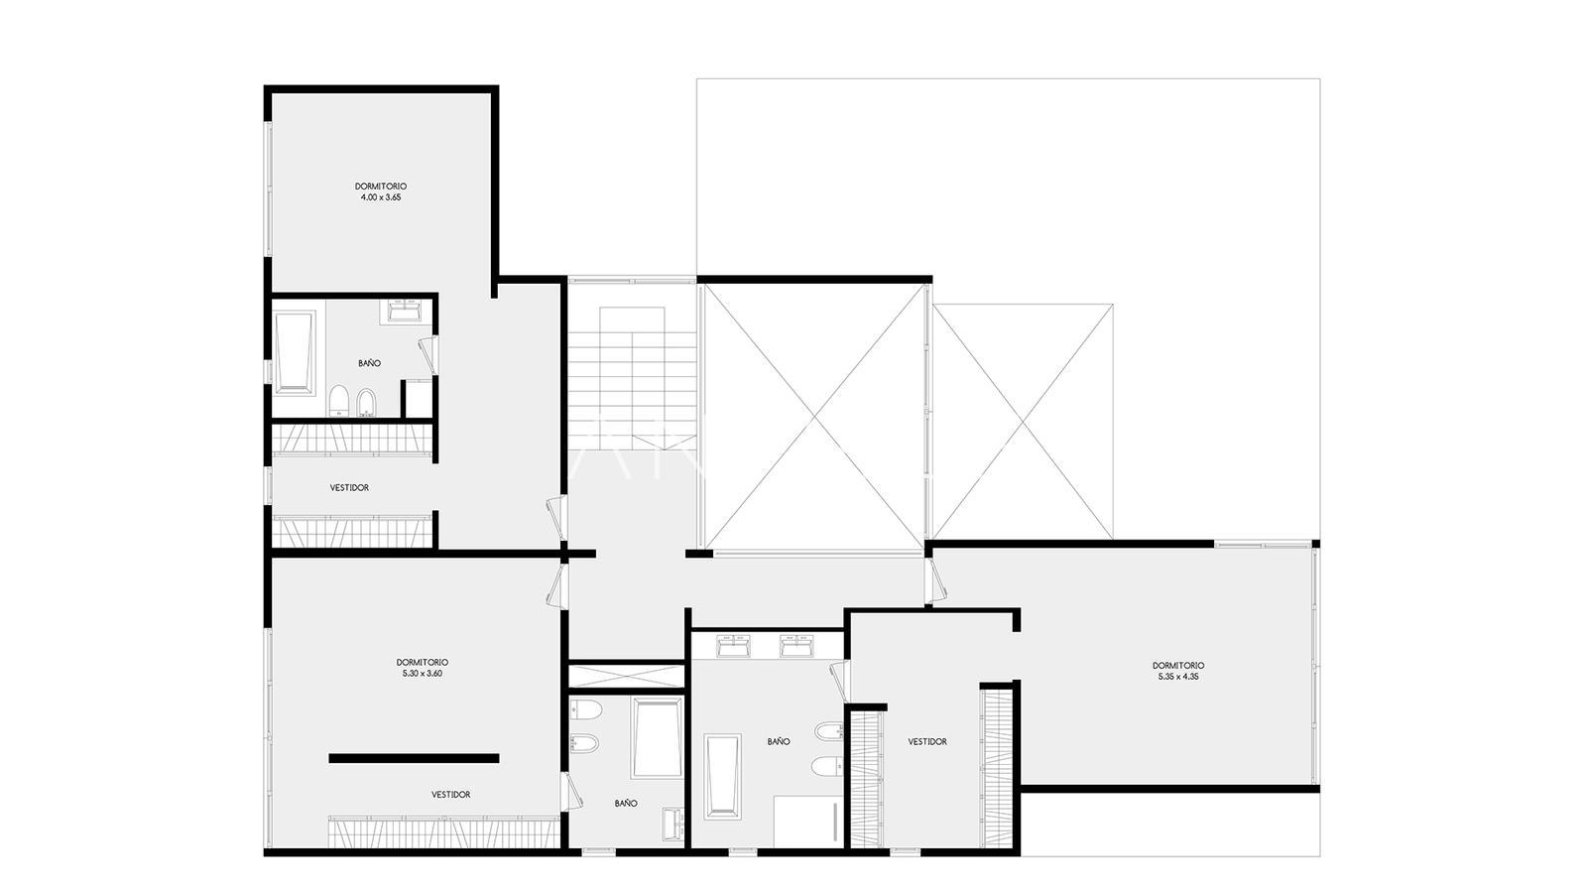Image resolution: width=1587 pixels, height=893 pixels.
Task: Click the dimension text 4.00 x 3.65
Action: (x=381, y=197)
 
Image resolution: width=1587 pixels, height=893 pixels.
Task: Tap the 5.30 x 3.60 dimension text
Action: (x=423, y=674)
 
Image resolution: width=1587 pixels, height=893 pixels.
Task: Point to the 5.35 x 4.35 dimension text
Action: (x=1178, y=677)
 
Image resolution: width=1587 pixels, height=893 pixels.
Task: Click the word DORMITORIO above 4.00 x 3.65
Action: (x=381, y=187)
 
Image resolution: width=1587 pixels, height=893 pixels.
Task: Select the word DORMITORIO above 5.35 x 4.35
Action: (x=1178, y=666)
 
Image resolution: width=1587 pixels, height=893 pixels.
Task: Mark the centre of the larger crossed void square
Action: (x=813, y=416)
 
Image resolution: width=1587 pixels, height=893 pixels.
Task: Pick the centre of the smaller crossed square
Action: (x=1023, y=421)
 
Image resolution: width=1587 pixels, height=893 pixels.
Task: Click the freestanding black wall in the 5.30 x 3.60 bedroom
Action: (x=414, y=758)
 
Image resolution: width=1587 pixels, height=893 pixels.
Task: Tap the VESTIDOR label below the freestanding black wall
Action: (x=451, y=795)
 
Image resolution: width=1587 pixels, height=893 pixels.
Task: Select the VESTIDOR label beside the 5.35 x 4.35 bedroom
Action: (x=927, y=741)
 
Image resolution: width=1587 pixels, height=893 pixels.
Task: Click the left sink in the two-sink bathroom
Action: (x=733, y=646)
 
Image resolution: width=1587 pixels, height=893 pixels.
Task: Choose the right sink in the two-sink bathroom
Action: (x=797, y=646)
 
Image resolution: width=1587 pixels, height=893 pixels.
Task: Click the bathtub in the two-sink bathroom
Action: (x=723, y=776)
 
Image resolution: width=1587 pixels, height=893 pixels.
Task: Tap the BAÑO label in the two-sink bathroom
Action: (x=779, y=741)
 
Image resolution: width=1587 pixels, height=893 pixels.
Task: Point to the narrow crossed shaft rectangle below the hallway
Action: (x=627, y=676)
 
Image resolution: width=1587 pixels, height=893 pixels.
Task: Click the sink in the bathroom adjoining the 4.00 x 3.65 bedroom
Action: (x=406, y=312)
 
